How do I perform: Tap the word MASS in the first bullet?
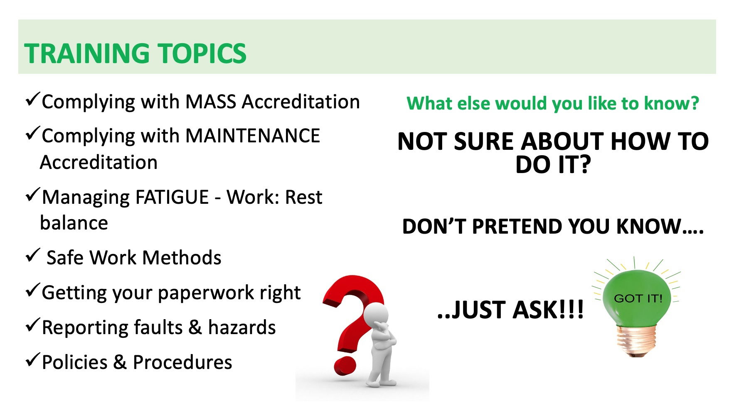[x=211, y=102]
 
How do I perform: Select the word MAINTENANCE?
[x=253, y=136]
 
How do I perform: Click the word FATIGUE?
[x=167, y=197]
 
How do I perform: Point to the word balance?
[x=74, y=223]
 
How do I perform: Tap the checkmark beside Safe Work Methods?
[x=32, y=255]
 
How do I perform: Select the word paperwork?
[x=206, y=293]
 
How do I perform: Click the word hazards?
[x=242, y=327]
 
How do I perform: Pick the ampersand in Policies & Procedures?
[x=120, y=362]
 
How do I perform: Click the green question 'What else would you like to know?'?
[x=553, y=103]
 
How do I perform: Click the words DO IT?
[x=553, y=165]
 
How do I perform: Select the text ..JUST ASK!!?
[x=510, y=310]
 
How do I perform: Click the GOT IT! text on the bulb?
[x=638, y=298]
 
